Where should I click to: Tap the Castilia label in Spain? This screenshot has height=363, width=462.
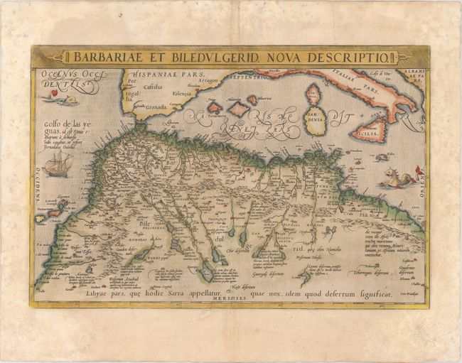click(x=153, y=87)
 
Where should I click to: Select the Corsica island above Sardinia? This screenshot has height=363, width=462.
click(x=312, y=93)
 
